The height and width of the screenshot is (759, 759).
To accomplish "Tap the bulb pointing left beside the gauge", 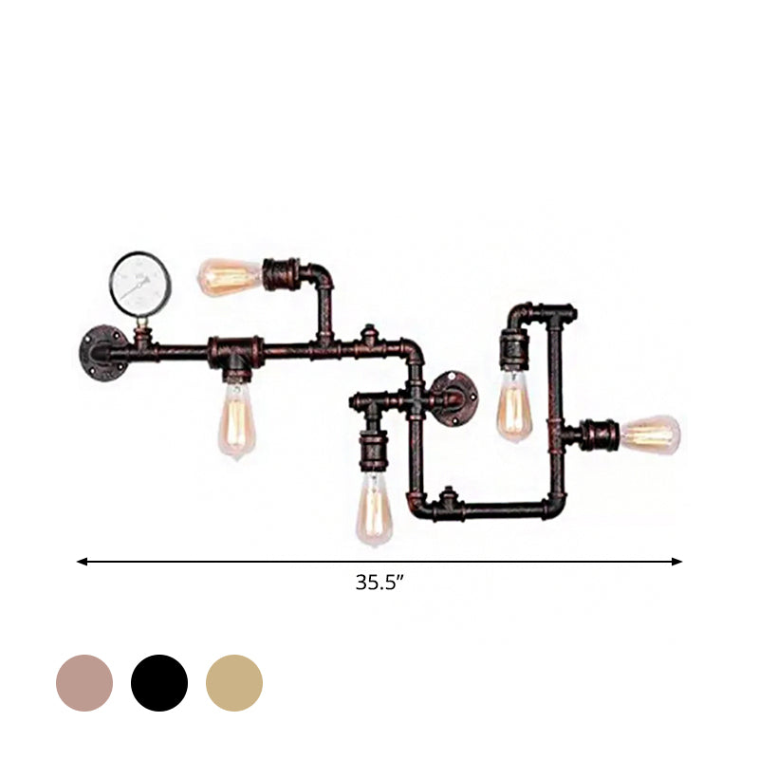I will [228, 276].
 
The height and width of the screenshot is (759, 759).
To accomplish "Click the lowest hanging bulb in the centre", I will [374, 509].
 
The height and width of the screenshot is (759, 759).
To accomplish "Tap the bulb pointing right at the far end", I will [651, 434].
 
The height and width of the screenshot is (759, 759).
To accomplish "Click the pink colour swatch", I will [84, 683].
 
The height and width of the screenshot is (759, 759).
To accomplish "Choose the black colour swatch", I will [159, 683].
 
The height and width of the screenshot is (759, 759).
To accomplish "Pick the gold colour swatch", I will [234, 683].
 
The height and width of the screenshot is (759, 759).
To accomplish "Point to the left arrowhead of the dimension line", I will [82, 562].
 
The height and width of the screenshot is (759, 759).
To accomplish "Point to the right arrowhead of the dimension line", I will [677, 562].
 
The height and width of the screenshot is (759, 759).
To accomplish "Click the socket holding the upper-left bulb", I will [281, 275].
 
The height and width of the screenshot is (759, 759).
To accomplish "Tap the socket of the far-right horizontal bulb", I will [602, 435].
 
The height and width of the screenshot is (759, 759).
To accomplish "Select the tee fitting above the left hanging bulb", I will [234, 351].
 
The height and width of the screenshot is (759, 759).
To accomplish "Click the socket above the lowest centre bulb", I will [373, 452].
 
